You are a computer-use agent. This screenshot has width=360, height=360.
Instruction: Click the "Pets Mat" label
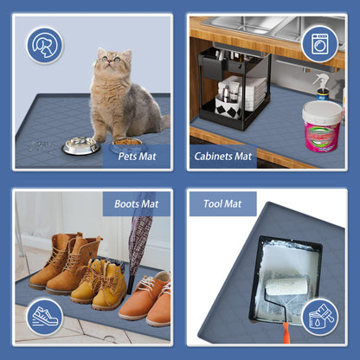point(137,157)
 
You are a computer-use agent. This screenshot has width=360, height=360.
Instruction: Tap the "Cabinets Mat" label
point(223,157)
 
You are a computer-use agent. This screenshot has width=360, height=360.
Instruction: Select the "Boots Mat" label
point(137,204)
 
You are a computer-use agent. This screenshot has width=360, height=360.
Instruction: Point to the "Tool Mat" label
point(222,203)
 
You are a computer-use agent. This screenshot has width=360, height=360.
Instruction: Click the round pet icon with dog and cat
point(45,45)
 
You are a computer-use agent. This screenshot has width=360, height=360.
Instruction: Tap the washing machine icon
point(320,44)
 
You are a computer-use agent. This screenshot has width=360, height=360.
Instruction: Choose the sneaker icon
point(45,317)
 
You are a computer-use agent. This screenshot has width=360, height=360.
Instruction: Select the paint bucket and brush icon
point(320,317)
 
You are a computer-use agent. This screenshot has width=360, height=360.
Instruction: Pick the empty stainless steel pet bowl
point(81,145)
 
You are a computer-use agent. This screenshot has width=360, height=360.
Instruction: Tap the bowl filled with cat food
point(127,143)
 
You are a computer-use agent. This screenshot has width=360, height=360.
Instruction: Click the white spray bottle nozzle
point(321,80)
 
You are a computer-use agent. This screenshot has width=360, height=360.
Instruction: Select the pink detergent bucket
point(322,125)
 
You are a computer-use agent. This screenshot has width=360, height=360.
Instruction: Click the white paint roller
point(286,286)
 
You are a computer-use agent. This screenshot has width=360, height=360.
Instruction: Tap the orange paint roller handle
point(286,333)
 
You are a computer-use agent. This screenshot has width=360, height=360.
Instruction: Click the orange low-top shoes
point(146,299)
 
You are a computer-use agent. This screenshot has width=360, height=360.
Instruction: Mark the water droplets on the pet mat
point(39,146)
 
